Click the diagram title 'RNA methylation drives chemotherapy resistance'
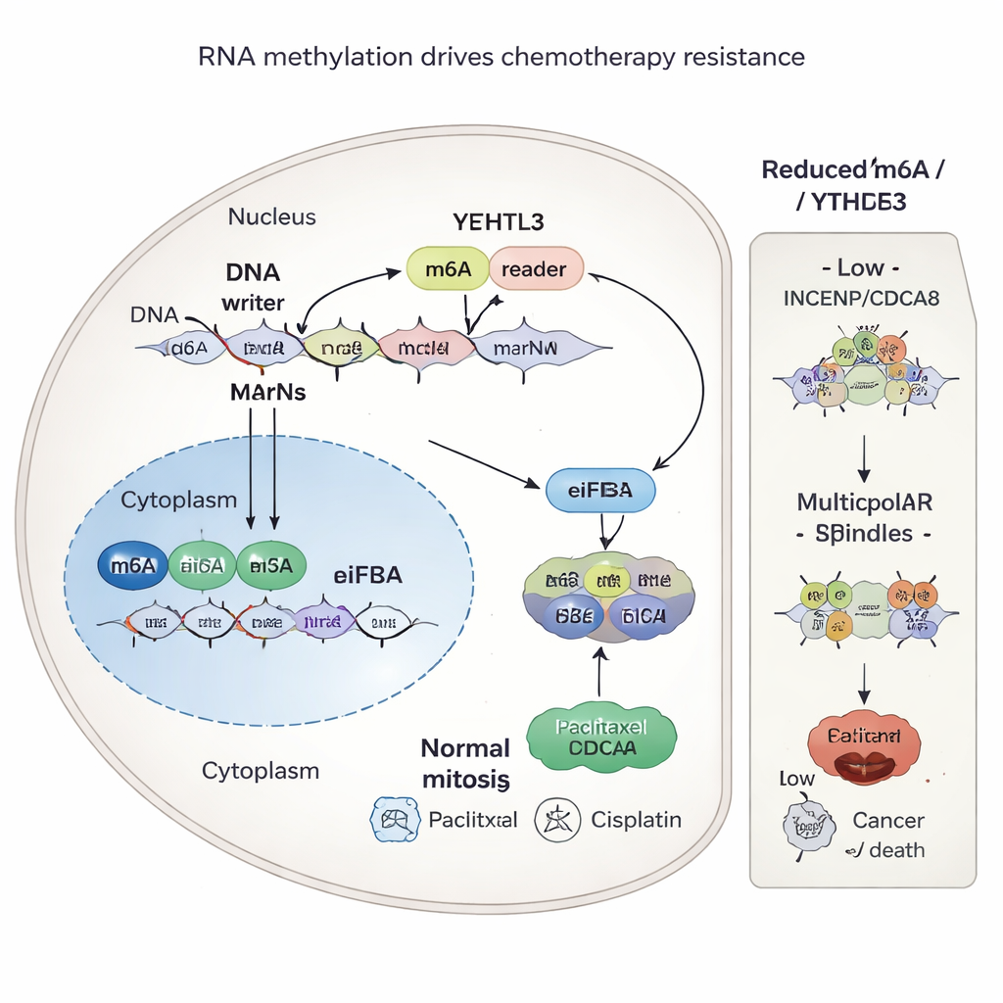[x=501, y=57]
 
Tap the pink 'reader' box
[x=536, y=269]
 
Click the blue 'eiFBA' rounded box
[x=599, y=492]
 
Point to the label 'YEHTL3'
[x=499, y=221]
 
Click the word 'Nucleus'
[x=272, y=216]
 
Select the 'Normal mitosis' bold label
[x=466, y=764]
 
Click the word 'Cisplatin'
[x=636, y=820]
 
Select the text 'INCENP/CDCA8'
[x=862, y=298]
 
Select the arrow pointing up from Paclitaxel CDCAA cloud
[x=600, y=677]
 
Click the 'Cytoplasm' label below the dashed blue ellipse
[x=261, y=771]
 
